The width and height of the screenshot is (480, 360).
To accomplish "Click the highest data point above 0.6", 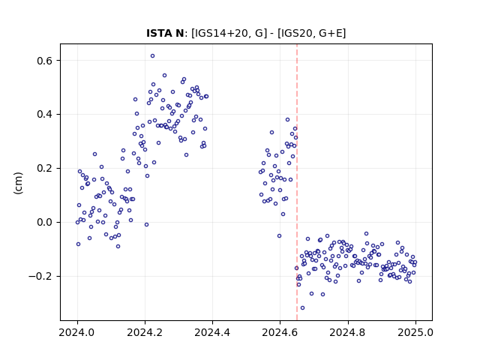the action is pos(152,56).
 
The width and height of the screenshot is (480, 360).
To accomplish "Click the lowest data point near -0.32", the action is pos(302,307).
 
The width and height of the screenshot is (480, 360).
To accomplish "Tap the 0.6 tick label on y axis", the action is pos(45,61).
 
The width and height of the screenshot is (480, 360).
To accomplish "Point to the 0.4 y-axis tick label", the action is pos(45,115).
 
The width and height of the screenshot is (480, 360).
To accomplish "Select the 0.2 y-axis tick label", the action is pos(45,168).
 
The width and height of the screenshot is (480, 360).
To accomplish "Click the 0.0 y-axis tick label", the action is pos(45,222).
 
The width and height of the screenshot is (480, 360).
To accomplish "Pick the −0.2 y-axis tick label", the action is pos(40,276).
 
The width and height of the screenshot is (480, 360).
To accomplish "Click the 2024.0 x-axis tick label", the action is pos(77,332).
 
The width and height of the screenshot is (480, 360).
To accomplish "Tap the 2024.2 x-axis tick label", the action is pos(145,332).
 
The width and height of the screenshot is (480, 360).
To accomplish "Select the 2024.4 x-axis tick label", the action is pos(212,332).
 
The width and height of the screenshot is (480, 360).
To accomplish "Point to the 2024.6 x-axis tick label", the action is pos(280,332).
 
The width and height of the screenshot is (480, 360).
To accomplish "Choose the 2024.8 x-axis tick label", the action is pos(348,332).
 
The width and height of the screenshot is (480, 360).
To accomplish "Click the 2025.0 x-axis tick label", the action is pos(415,332).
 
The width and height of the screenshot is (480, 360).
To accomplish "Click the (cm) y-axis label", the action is pos(18,183).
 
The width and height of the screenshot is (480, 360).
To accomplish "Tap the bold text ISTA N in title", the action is pos(165,33).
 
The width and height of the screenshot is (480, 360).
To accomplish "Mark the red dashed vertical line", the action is pos(297,182).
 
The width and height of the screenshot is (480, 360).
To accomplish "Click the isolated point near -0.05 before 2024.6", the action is pos(279,235).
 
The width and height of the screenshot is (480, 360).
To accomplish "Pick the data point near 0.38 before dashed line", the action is pos(287,120).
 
